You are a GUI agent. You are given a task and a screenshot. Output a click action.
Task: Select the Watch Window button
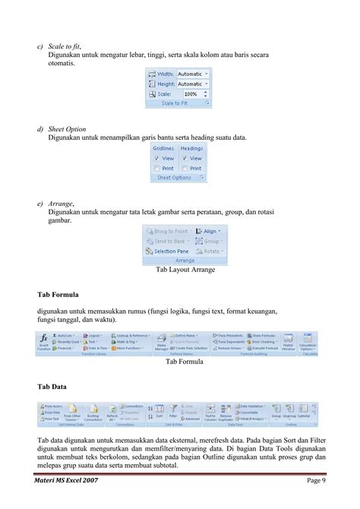(288, 343)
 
